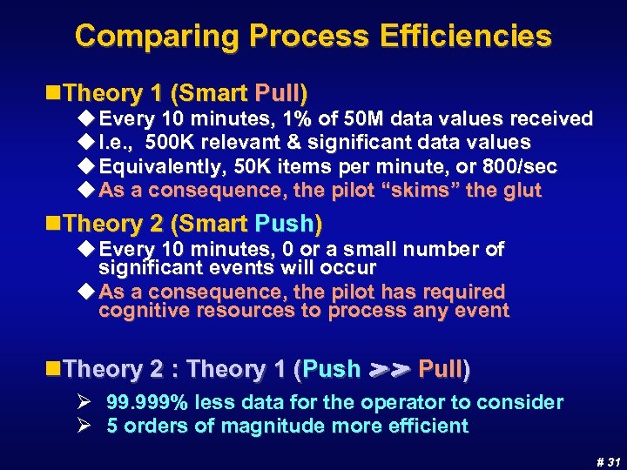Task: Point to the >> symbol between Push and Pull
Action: point(389,370)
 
